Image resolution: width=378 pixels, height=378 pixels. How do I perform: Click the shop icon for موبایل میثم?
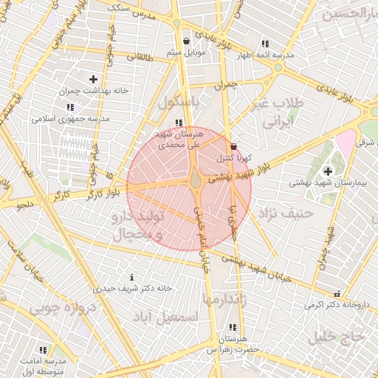[186, 41]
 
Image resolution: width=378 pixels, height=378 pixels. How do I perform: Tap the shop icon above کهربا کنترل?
[234, 146]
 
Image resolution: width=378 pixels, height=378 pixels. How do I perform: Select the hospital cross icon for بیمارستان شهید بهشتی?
[328, 171]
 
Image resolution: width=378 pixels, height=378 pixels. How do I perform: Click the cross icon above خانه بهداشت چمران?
[93, 79]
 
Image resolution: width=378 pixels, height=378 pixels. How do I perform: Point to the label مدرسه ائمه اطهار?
[265, 55]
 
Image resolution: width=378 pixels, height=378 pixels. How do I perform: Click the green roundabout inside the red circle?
[196, 180]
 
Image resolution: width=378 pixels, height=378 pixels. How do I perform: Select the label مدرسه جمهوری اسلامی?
[71, 118]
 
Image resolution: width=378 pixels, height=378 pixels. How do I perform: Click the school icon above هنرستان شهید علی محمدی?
[178, 123]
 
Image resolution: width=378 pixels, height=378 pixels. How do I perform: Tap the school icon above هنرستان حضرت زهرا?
[233, 327]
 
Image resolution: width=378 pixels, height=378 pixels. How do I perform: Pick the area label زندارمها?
[221, 298]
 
